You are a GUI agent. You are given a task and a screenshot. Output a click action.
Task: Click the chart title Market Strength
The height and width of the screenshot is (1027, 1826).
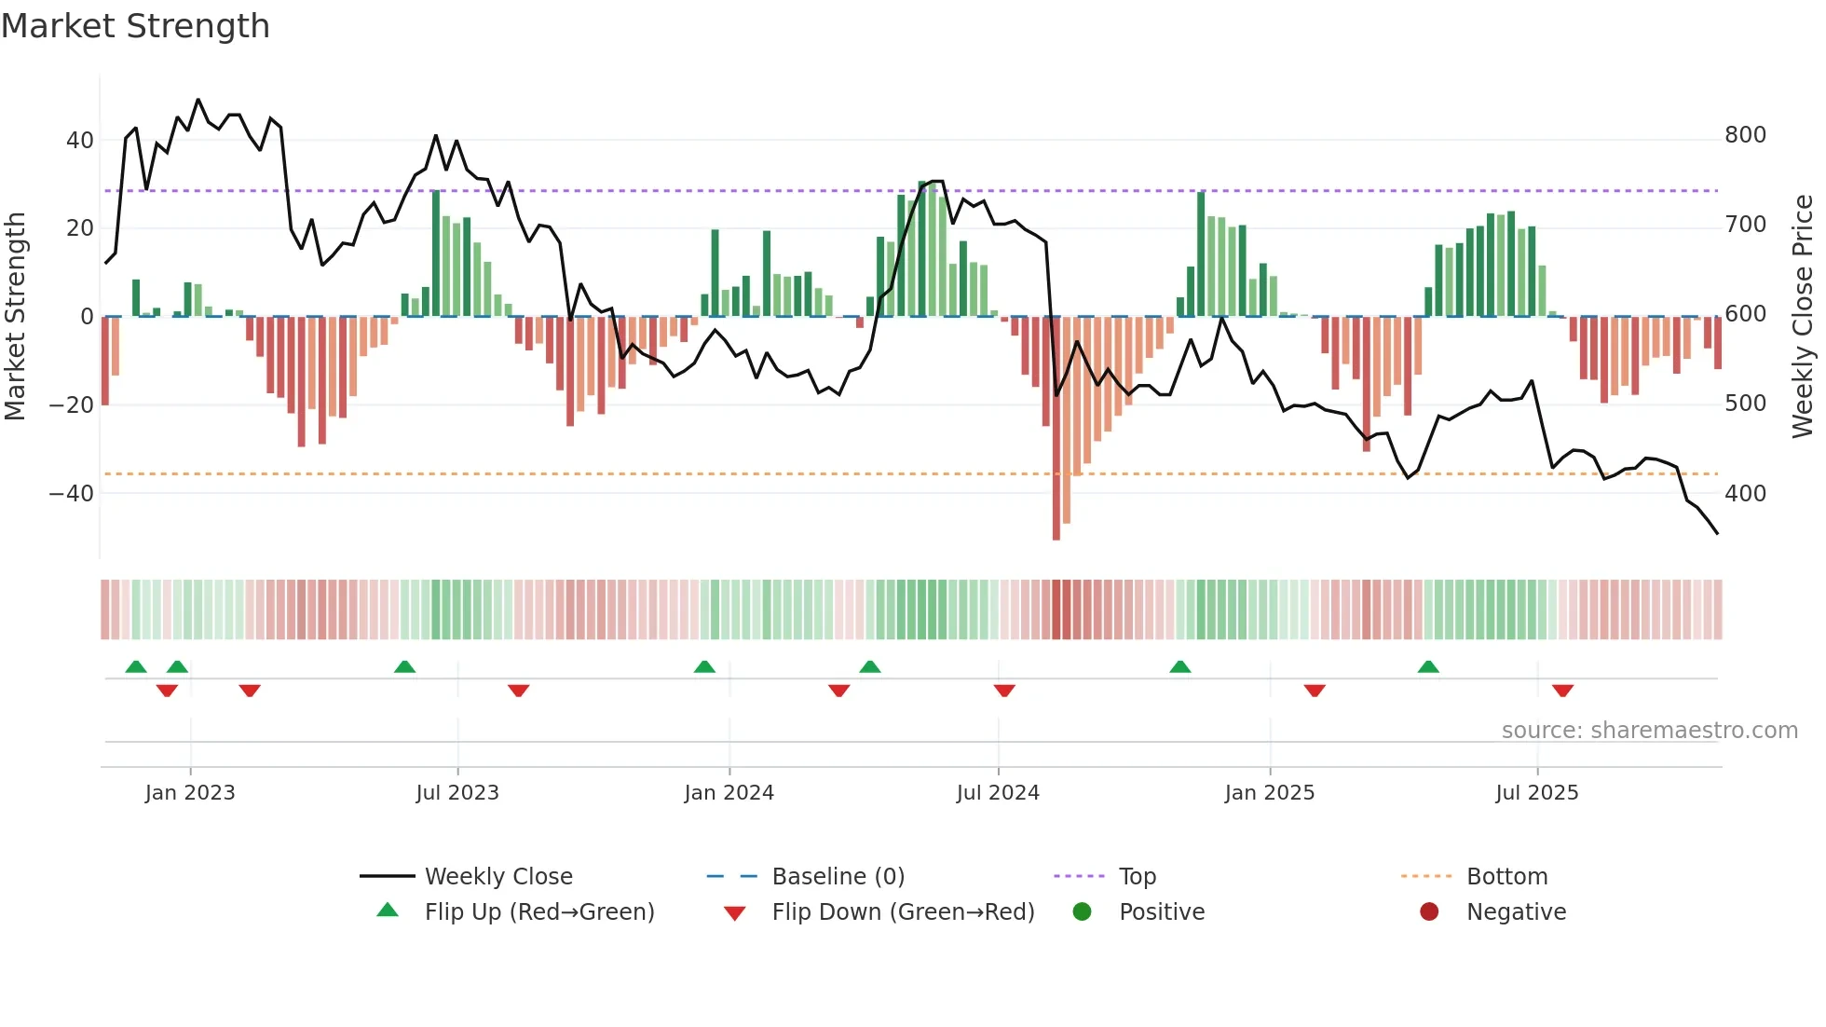click(135, 26)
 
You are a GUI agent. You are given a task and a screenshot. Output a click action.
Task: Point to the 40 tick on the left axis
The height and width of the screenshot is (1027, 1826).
click(80, 141)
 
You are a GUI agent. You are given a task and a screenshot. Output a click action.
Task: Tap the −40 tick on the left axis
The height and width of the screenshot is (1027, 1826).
click(72, 494)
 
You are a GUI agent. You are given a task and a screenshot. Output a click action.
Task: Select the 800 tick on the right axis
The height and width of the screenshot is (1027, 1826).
click(1745, 135)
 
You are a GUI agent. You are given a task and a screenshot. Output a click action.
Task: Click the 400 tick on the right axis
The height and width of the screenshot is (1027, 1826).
click(1745, 494)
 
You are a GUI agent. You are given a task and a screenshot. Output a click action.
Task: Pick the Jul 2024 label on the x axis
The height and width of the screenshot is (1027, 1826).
click(998, 793)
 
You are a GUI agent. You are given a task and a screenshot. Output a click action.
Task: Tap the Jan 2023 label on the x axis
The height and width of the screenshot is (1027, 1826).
click(190, 793)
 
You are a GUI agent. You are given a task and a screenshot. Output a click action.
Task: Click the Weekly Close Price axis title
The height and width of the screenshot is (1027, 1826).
click(1803, 317)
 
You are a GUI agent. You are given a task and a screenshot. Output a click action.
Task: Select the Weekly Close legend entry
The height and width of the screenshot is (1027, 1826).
click(498, 877)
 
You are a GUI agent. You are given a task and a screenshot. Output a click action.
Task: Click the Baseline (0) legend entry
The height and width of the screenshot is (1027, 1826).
click(838, 877)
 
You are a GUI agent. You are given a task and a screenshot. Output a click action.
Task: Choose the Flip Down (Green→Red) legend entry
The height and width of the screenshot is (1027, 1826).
click(903, 912)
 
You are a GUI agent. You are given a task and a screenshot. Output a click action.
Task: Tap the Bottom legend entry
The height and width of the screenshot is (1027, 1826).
click(1506, 877)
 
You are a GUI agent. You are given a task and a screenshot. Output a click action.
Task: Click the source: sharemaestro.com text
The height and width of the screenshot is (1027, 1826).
click(1649, 731)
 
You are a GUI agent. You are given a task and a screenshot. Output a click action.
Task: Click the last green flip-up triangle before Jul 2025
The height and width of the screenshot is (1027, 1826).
click(1428, 667)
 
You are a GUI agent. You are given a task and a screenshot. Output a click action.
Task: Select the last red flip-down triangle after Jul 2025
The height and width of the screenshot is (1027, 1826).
click(1562, 691)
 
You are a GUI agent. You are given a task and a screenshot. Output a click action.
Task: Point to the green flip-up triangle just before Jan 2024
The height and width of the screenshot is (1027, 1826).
click(704, 667)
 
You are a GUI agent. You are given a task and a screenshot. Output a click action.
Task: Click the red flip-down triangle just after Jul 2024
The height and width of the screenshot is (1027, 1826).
click(1004, 691)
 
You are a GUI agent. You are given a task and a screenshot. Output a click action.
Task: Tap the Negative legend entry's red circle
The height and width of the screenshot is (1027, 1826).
click(1429, 912)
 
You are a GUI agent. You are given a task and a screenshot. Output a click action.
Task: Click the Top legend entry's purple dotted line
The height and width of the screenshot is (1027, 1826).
click(1079, 877)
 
